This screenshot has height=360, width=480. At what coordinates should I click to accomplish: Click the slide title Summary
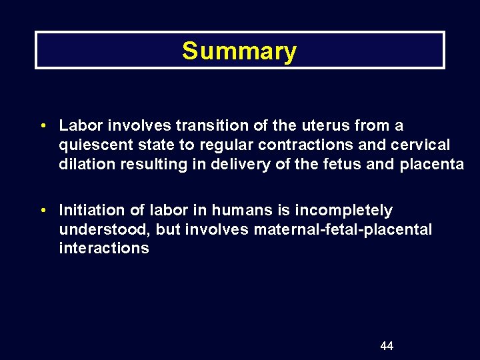pyautogui.click(x=239, y=51)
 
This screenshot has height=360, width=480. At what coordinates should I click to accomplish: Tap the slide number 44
pyautogui.click(x=387, y=345)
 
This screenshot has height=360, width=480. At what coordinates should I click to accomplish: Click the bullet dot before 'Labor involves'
pyautogui.click(x=43, y=125)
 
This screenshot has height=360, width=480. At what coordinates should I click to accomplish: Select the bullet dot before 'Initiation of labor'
pyautogui.click(x=43, y=210)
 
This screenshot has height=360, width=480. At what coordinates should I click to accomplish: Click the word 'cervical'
pyautogui.click(x=423, y=145)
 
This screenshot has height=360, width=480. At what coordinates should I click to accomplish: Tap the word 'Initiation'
pyautogui.click(x=89, y=210)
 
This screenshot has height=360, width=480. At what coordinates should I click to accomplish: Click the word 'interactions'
pyautogui.click(x=104, y=249)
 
